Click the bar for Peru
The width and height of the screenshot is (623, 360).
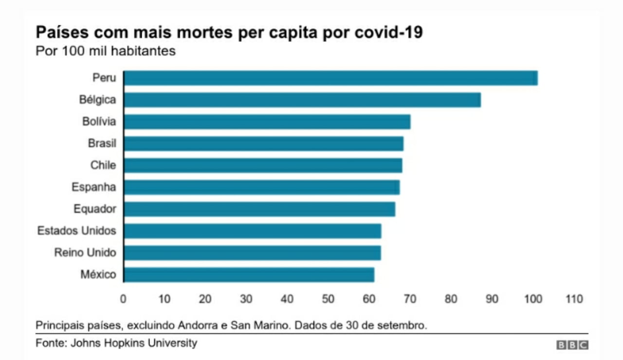[x=330, y=78]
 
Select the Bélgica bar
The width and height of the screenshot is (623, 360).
[x=302, y=100]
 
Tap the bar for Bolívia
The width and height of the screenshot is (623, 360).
[x=267, y=122]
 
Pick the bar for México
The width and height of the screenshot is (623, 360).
[x=249, y=275]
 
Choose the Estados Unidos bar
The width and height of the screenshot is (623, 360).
[x=252, y=231]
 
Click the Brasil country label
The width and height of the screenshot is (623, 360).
[x=102, y=144]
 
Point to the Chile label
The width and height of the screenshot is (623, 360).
[x=103, y=165]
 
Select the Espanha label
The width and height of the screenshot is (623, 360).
[x=93, y=187]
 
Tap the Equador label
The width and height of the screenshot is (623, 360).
[x=95, y=209]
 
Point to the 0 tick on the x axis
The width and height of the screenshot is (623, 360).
[x=123, y=299]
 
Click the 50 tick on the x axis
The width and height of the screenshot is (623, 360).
[x=328, y=299]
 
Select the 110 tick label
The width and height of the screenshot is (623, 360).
[x=574, y=299]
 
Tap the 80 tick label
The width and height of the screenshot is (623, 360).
[x=451, y=299]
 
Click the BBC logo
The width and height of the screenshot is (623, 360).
[x=572, y=345]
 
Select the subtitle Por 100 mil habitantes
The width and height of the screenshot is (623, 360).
[x=105, y=51]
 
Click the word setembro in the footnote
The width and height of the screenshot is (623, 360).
[x=406, y=325]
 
